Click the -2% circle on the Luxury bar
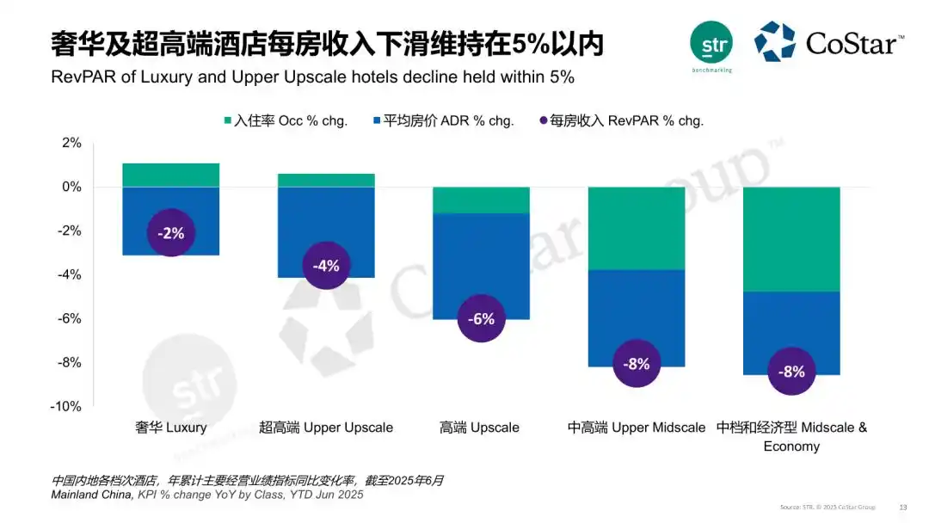170,232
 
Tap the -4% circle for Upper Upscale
326,266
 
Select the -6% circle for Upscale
481,319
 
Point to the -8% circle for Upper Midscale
637,364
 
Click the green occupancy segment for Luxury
170,175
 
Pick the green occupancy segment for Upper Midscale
637,228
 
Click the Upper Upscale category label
326,428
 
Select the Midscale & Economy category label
791,436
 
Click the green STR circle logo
711,42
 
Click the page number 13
902,507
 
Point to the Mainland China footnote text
206,495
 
